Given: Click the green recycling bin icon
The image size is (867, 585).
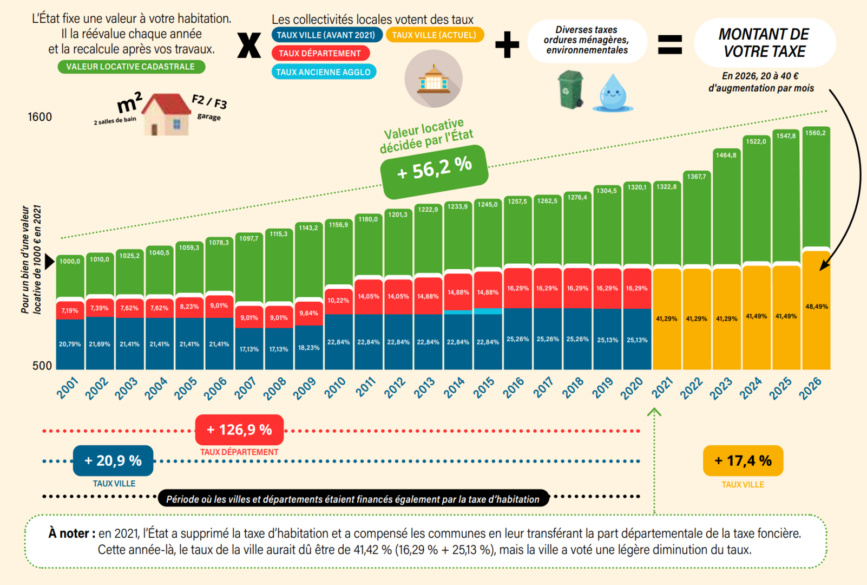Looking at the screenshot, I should [x=570, y=89].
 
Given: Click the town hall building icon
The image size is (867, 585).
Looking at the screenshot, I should [x=433, y=79].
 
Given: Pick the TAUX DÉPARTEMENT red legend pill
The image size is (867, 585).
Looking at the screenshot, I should [x=320, y=53].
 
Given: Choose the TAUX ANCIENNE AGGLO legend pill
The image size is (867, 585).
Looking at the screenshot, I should [x=323, y=72].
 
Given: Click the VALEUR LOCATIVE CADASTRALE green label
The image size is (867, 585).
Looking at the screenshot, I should [x=131, y=67].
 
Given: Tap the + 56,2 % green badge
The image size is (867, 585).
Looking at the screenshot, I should [x=435, y=169].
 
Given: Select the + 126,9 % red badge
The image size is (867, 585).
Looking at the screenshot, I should [x=239, y=430].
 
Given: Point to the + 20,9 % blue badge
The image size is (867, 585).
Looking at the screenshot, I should [x=113, y=461].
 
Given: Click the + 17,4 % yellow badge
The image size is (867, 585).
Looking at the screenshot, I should [x=743, y=461].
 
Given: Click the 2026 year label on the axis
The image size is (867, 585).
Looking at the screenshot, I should [x=810, y=388].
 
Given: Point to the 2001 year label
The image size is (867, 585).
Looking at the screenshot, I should [x=68, y=388].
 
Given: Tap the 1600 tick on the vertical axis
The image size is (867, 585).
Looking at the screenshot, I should [x=40, y=117].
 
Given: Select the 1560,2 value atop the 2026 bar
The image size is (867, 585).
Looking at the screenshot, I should [x=815, y=133].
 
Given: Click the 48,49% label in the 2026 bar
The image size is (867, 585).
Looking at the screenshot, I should [x=816, y=307].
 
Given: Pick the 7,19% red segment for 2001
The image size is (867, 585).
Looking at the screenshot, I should [x=70, y=310].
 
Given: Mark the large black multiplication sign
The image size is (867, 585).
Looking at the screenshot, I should [x=249, y=45].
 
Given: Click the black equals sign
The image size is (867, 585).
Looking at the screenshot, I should [x=669, y=44].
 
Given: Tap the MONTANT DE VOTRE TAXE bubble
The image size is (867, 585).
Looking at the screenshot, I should [x=764, y=43].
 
